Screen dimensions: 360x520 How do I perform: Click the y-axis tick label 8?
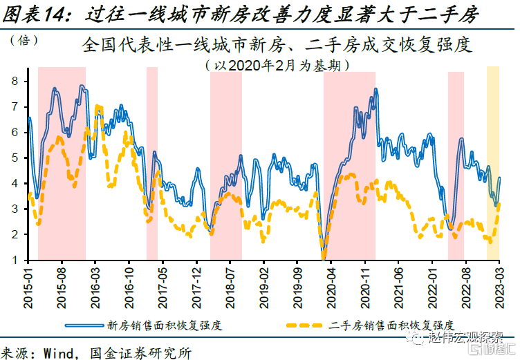[x=15, y=81]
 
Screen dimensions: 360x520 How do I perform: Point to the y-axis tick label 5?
[x=15, y=158]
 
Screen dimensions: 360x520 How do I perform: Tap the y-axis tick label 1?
[x=15, y=260]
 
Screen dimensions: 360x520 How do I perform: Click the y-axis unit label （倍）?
[x=25, y=40]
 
